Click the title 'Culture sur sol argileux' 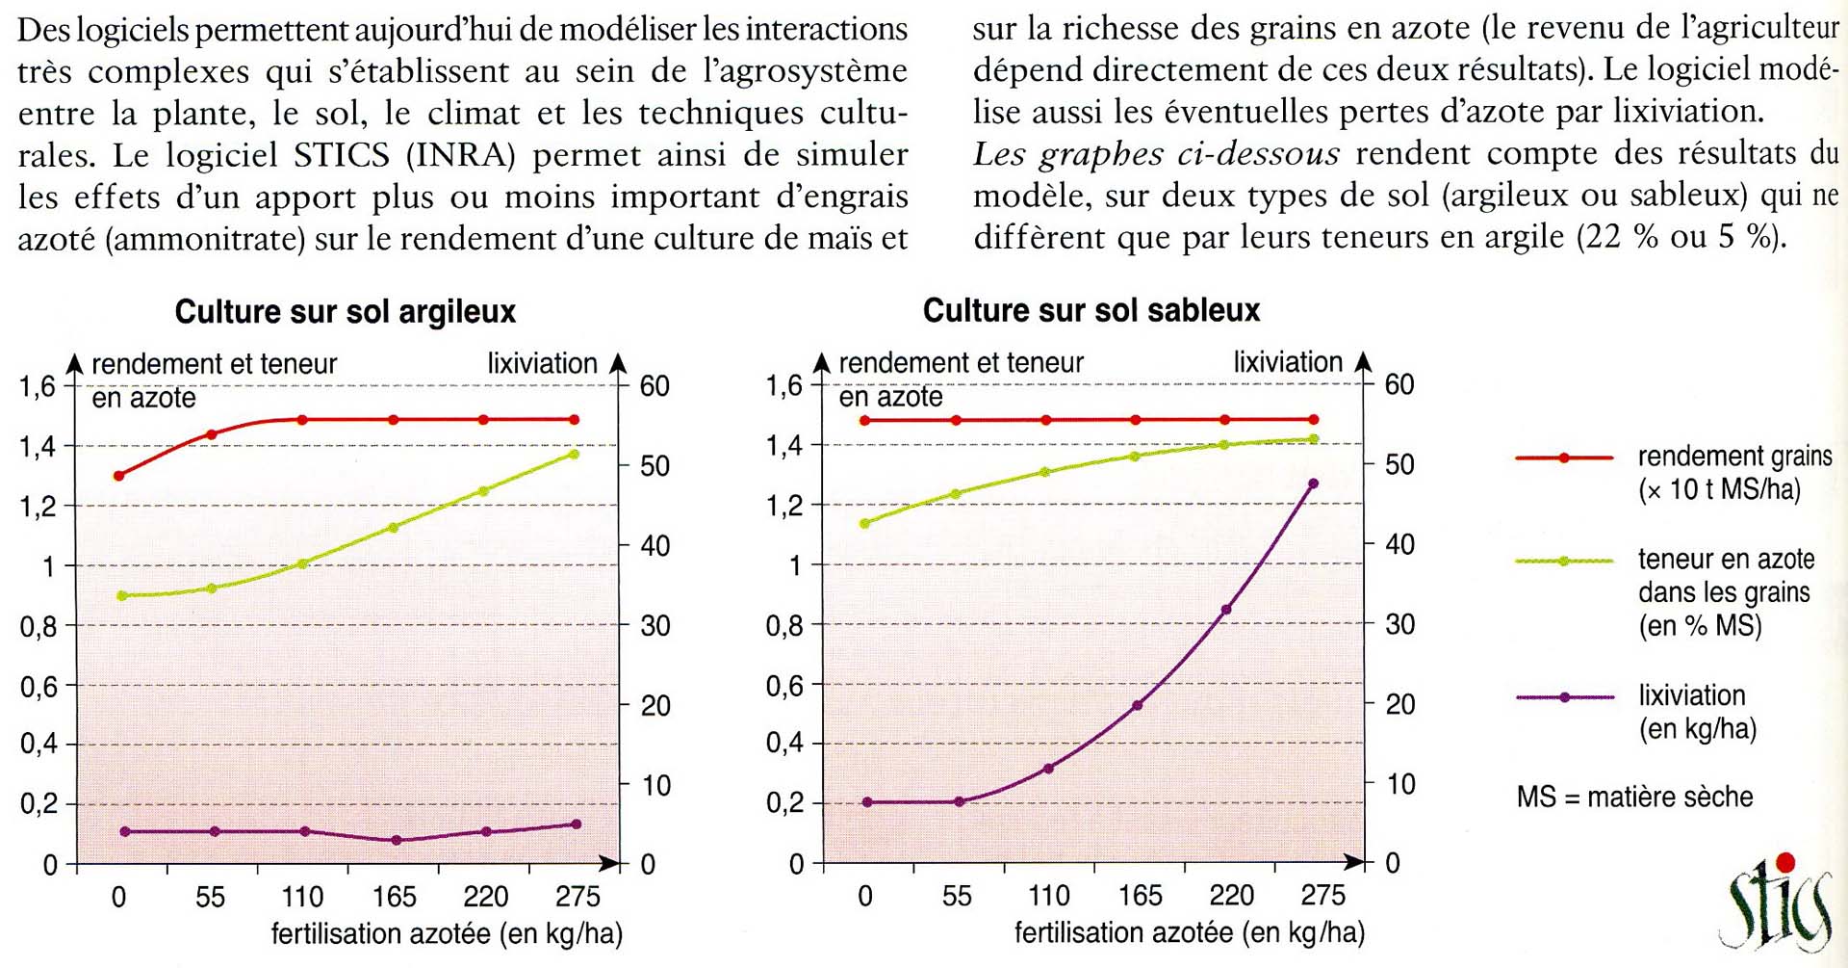click(345, 312)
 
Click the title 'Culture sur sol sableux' click(1091, 310)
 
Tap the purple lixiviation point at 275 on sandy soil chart click(1314, 484)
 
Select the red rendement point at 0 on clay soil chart click(119, 476)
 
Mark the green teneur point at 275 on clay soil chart click(575, 454)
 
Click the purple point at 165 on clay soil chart click(396, 840)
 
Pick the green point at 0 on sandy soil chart click(865, 524)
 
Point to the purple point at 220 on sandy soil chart click(1225, 610)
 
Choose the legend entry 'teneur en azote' click(1726, 560)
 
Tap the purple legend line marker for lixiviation click(1564, 697)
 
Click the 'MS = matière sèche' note click(1634, 798)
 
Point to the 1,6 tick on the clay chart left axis click(38, 387)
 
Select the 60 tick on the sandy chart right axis click(1399, 385)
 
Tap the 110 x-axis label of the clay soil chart click(302, 898)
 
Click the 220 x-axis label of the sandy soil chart click(1231, 897)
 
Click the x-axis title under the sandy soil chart click(1189, 932)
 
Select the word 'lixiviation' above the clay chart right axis click(542, 363)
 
